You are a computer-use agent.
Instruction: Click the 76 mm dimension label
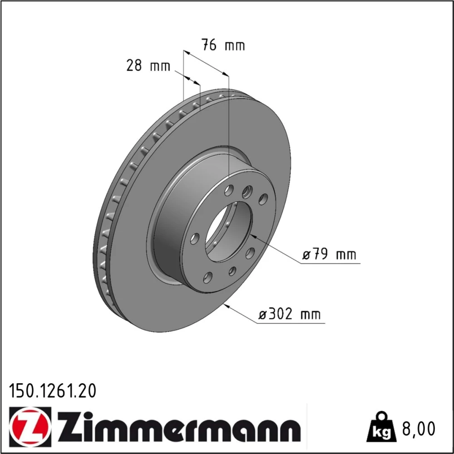(223, 45)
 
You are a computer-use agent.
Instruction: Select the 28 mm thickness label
(148, 65)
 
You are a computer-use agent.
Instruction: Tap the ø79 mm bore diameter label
(329, 255)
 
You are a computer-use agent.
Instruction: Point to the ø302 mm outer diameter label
(290, 314)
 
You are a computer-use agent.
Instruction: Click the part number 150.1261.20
(52, 391)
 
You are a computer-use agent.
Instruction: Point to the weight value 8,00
(419, 429)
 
